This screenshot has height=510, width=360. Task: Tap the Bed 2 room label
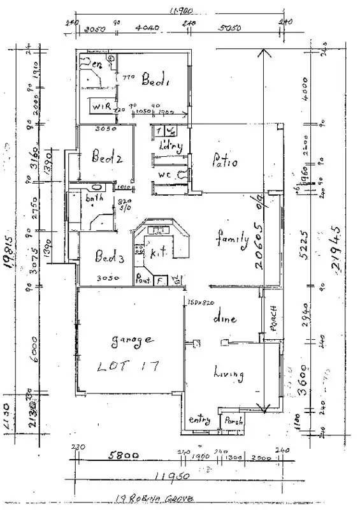pos(106,155)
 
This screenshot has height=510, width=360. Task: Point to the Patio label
pos(224,162)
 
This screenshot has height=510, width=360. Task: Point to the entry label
pos(200,419)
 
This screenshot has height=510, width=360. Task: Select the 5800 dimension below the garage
pos(121,456)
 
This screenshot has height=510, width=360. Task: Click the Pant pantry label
pos(143,279)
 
